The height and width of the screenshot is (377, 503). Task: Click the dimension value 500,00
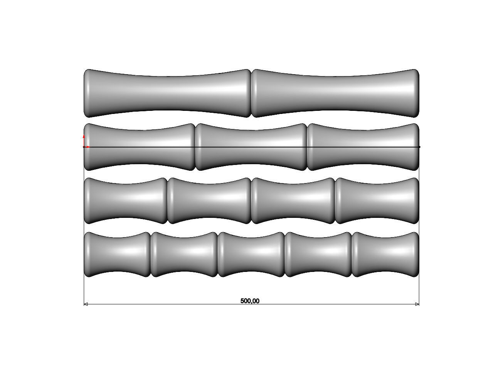(x=250, y=301)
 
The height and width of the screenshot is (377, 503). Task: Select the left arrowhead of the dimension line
(x=86, y=304)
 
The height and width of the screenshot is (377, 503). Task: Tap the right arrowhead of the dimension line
(x=417, y=304)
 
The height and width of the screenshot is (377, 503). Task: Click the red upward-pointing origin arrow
(x=84, y=137)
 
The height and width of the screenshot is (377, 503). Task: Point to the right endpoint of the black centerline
(x=419, y=147)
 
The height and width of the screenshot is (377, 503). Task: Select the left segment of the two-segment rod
(x=167, y=93)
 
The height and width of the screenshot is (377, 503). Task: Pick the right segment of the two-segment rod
(x=335, y=93)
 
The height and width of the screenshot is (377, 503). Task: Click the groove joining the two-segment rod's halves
(x=251, y=93)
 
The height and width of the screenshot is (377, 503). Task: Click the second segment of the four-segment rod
(x=209, y=200)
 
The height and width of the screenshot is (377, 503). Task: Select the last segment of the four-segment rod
(x=377, y=200)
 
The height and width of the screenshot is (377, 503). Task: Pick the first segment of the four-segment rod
(x=125, y=200)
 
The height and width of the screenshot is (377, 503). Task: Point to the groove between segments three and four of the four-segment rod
(x=335, y=200)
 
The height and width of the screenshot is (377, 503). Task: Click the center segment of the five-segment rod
(x=251, y=255)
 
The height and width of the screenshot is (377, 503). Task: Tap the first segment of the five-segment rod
(x=117, y=255)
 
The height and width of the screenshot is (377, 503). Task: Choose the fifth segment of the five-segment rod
(x=385, y=255)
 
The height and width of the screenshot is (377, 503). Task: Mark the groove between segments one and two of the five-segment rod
(x=151, y=255)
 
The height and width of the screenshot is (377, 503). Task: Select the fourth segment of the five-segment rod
(x=318, y=255)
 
